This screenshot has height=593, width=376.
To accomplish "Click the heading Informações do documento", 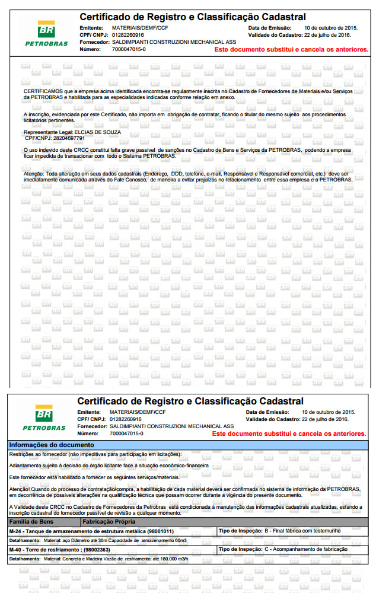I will (48, 445).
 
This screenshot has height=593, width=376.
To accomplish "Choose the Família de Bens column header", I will (34, 522).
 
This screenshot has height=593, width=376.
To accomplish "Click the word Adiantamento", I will (27, 466).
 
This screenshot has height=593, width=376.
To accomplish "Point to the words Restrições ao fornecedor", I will (37, 454).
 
